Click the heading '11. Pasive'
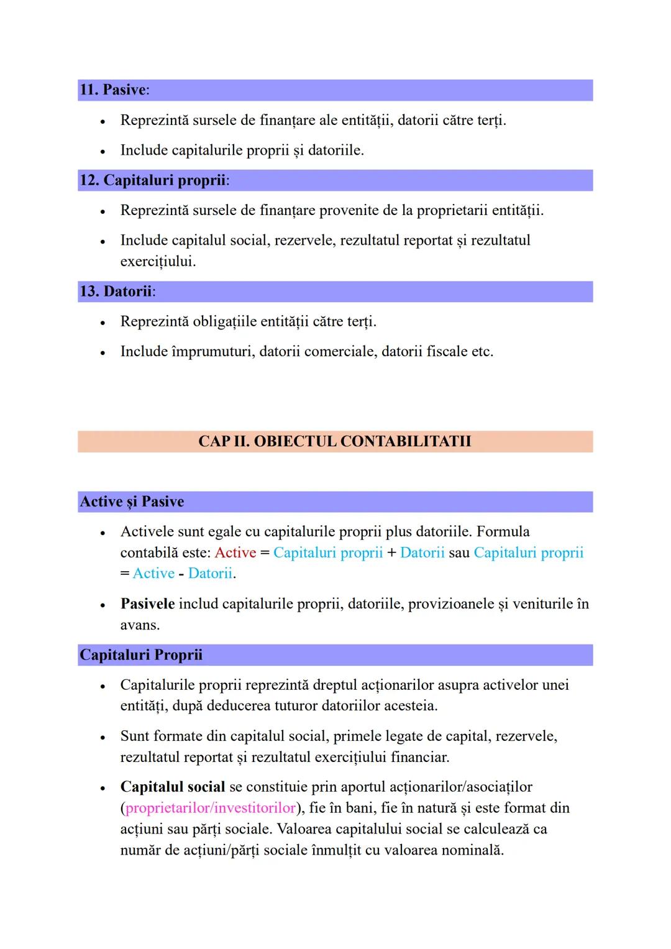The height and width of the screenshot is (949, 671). (x=114, y=90)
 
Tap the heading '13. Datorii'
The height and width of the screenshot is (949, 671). (x=117, y=291)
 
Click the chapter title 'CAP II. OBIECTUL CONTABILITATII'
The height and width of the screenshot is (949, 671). (x=334, y=441)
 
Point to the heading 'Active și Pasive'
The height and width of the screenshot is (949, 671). (x=132, y=502)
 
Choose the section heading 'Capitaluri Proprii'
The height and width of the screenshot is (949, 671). (x=141, y=655)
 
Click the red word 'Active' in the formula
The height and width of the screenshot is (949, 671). (x=235, y=553)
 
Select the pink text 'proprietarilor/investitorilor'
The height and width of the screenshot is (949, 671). (x=211, y=808)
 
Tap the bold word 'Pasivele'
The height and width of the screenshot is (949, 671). (x=147, y=604)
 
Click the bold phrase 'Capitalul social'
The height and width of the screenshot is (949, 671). (x=172, y=787)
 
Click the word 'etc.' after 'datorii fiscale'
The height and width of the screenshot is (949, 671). (x=482, y=352)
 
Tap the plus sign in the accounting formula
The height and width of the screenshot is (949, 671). (x=391, y=553)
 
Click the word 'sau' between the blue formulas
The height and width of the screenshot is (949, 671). (x=459, y=553)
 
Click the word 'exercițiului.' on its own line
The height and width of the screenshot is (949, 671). (x=158, y=262)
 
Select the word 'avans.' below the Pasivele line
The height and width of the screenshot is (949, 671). (x=140, y=625)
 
